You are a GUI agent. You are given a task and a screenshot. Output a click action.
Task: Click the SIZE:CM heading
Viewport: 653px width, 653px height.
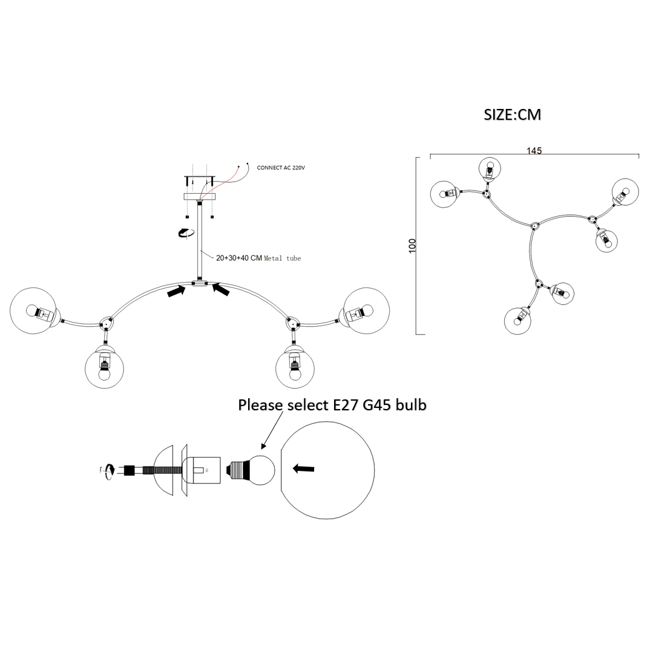[512, 114]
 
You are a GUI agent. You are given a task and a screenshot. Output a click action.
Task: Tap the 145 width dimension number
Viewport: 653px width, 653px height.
[534, 151]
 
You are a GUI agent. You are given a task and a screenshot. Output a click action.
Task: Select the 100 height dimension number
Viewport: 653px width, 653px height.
[412, 245]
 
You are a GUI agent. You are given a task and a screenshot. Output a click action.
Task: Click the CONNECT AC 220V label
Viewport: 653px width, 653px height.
[281, 168]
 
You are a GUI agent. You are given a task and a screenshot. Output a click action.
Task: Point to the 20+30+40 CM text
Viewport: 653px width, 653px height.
[239, 258]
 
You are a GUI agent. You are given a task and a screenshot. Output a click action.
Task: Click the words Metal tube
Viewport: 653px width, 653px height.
[283, 258]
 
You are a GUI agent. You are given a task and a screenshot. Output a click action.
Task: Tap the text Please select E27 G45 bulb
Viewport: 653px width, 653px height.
[332, 405]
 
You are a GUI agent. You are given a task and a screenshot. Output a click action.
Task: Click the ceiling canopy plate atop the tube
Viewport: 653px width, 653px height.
[200, 196]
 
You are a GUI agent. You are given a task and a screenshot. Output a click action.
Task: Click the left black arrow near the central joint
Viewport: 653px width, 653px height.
[176, 291]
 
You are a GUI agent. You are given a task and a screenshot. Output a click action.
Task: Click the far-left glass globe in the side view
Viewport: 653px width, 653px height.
[34, 310]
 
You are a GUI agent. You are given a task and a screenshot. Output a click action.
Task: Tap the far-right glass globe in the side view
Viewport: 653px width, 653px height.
[366, 310]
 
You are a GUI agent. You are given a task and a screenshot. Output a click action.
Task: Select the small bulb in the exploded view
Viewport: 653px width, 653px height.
[261, 469]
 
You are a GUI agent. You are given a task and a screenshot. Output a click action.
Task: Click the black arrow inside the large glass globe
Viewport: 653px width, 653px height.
[304, 468]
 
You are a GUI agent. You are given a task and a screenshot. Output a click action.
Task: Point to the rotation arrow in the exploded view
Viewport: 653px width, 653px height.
[108, 471]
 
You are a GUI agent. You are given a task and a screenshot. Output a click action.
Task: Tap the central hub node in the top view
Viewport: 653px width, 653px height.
[534, 226]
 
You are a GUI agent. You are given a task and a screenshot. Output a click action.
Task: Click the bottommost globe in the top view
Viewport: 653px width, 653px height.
[517, 320]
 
